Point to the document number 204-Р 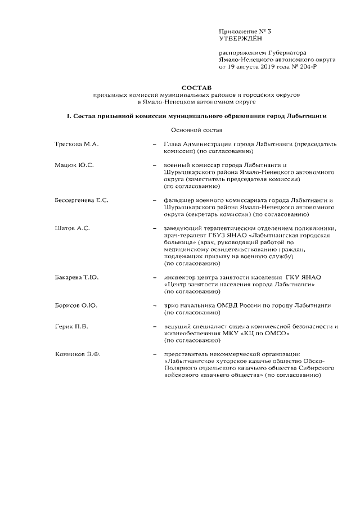(305, 66)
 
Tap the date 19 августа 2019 (254, 66)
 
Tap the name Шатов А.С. (73, 228)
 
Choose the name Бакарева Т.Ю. (78, 277)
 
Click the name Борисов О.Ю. (76, 305)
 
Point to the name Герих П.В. (72, 326)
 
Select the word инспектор (180, 277)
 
